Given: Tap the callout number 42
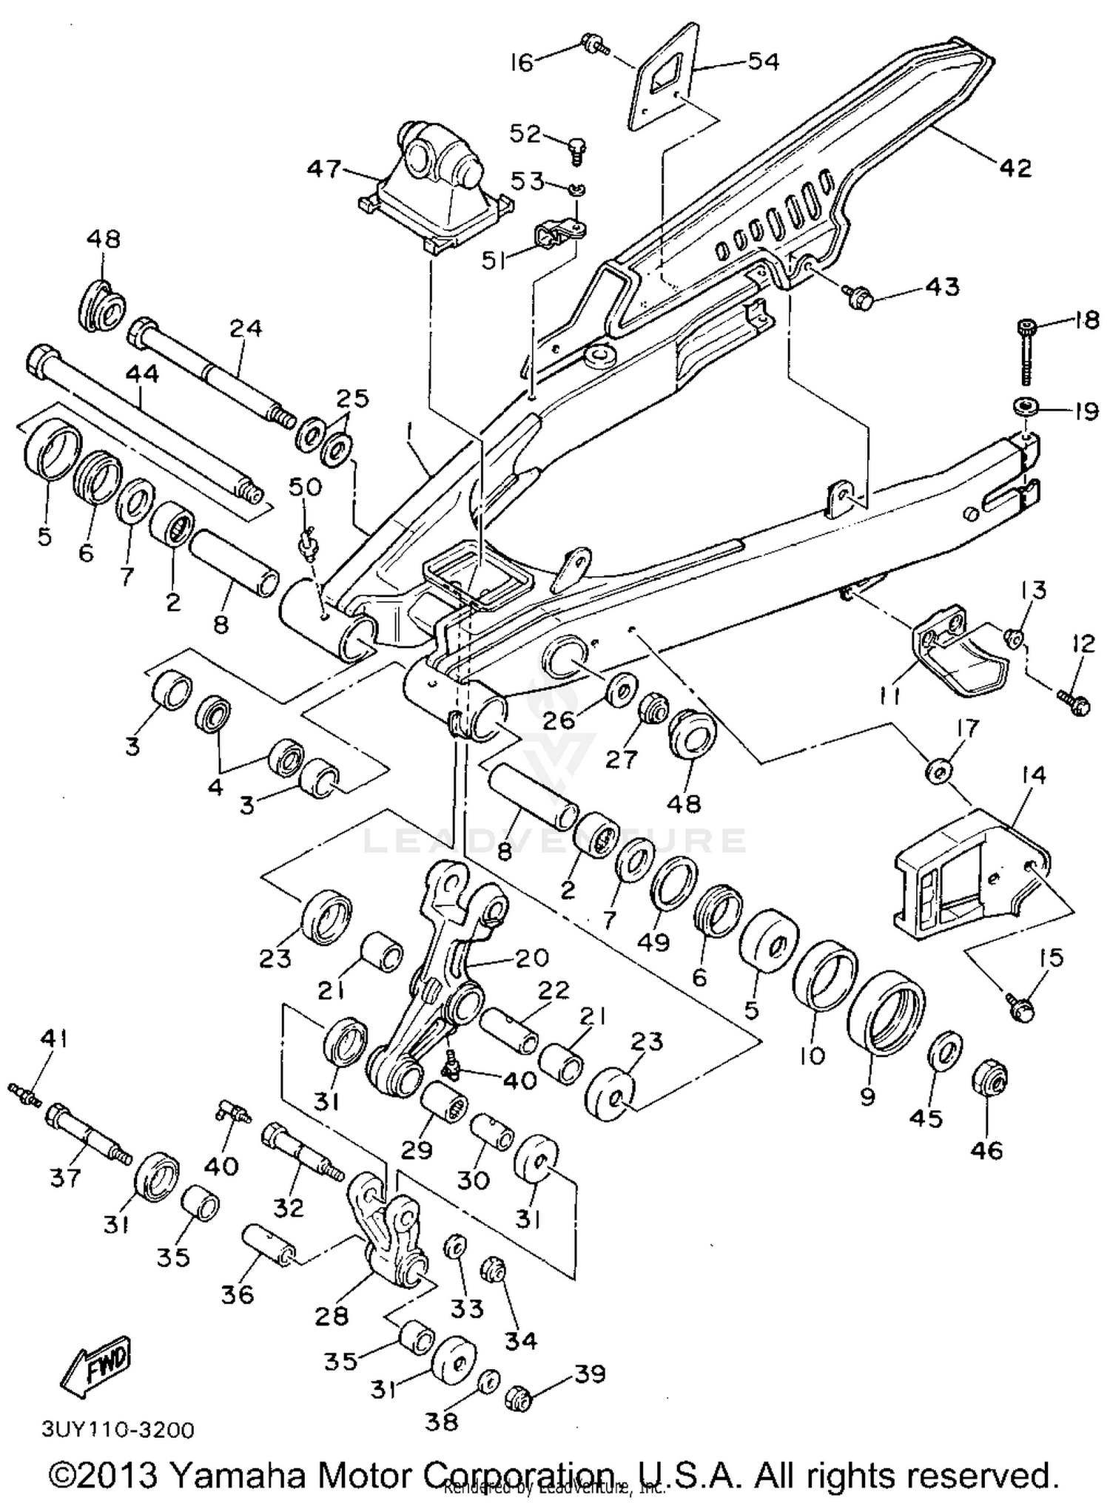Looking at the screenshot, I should (x=1015, y=168).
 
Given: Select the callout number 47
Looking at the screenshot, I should (x=325, y=169).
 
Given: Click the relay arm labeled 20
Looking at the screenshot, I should (x=444, y=984).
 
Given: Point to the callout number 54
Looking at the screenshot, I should (x=763, y=61).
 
